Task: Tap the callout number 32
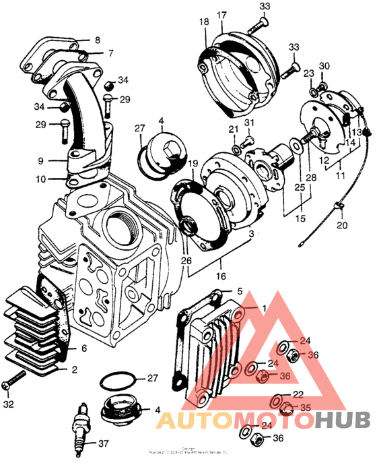pos(8,404)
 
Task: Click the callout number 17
pos(222,16)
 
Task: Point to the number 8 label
pos(98,40)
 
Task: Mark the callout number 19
pos(193,163)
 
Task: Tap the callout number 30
pos(324,66)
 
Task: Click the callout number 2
pos(73,369)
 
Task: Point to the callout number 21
pos(233,129)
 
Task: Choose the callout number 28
pos(310,177)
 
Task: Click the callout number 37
pos(103,443)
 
